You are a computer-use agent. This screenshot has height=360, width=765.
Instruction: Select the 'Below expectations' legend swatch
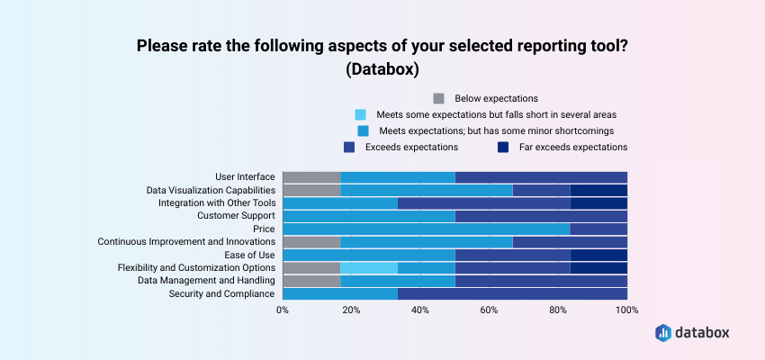(x=439, y=99)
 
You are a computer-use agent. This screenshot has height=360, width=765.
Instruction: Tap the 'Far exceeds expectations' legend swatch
(x=502, y=147)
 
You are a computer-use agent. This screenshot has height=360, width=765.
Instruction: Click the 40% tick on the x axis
(x=420, y=310)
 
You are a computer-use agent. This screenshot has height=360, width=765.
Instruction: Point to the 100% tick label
(x=626, y=310)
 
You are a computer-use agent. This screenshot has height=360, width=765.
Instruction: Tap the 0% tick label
(x=283, y=310)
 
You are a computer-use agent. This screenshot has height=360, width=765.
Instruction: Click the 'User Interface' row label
(x=245, y=176)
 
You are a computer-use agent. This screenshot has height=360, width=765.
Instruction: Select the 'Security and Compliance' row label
(x=222, y=294)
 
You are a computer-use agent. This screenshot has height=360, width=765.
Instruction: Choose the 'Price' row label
(x=264, y=229)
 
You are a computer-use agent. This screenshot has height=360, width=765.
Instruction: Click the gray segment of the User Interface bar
(x=311, y=176)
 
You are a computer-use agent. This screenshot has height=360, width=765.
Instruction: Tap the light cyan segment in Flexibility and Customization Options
(x=369, y=268)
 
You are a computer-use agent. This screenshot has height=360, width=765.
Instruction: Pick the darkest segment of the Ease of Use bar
(x=598, y=255)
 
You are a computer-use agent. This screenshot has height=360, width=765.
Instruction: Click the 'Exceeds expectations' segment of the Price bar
(x=598, y=229)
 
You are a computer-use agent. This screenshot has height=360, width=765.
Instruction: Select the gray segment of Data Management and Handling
(x=311, y=281)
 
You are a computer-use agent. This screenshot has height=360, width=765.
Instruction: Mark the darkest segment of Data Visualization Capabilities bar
(x=598, y=190)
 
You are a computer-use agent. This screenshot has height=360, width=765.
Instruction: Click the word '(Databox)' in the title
(x=382, y=68)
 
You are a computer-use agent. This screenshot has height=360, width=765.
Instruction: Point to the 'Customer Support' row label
(x=236, y=216)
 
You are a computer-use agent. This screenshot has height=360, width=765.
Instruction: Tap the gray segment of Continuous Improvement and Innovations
(x=311, y=242)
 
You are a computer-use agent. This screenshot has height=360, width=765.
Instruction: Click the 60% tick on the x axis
(x=489, y=310)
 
